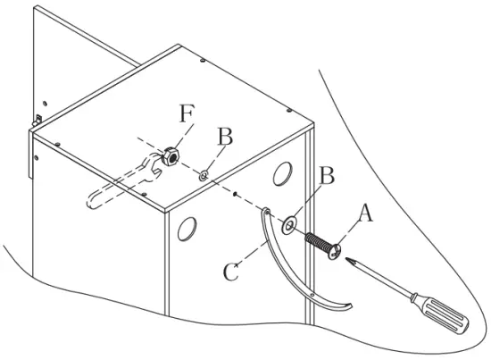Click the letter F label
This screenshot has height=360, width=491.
pos(185,115)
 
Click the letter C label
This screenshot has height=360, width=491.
pos(230,270)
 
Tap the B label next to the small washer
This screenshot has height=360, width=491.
pos(225,137)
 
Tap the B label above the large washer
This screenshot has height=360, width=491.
pos(327,176)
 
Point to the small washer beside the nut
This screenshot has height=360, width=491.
pos(204,175)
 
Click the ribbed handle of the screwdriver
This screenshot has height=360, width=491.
pos(443,318)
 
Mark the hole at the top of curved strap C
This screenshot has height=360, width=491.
pos(266,212)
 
